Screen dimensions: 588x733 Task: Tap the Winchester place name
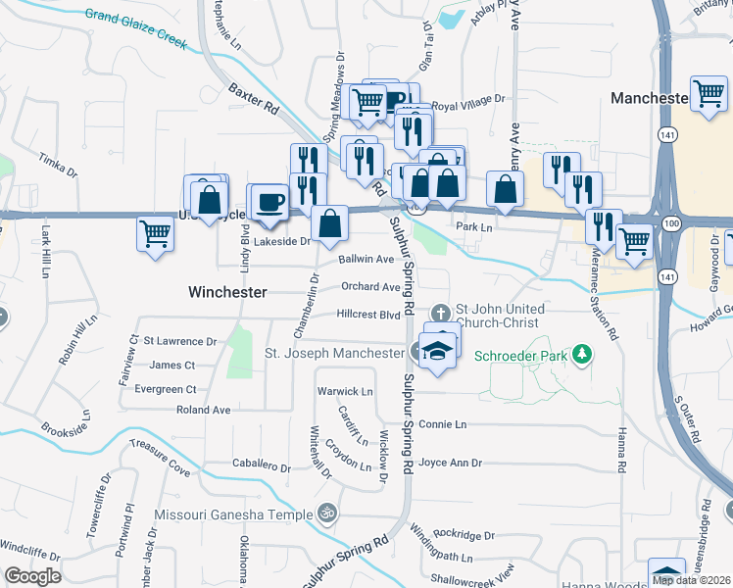pyautogui.click(x=227, y=292)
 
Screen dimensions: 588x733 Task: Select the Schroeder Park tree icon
pyautogui.click(x=583, y=353)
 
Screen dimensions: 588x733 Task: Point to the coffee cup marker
pyautogui.click(x=269, y=202)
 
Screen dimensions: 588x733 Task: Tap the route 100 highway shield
pyautogui.click(x=670, y=225)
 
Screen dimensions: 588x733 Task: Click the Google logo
pyautogui.click(x=32, y=576)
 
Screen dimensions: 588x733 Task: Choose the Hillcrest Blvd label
pyautogui.click(x=368, y=315)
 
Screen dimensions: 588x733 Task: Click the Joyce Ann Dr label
pyautogui.click(x=451, y=463)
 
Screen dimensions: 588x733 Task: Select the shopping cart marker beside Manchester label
pyautogui.click(x=708, y=94)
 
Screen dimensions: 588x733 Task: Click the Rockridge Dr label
pyautogui.click(x=464, y=535)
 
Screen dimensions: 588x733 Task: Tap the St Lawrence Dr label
pyautogui.click(x=180, y=341)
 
